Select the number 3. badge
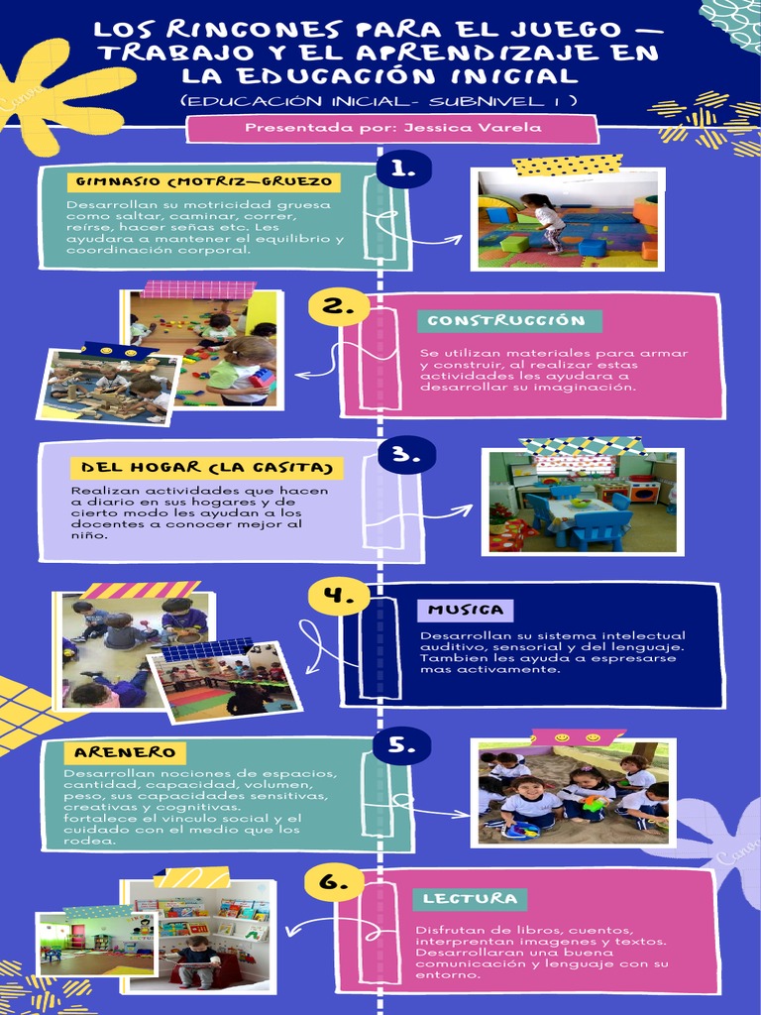406,456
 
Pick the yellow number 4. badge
338,596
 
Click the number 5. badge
401,744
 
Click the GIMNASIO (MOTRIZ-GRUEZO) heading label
203,182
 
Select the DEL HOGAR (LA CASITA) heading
206,467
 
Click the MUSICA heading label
466,609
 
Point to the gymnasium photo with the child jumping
567,217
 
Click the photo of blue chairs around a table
582,502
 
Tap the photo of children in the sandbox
574,792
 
